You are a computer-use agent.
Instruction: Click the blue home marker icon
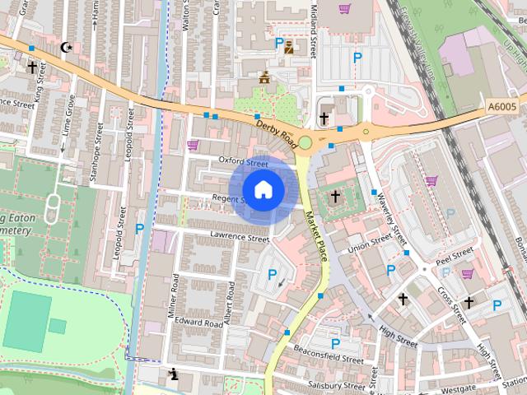(x=263, y=189)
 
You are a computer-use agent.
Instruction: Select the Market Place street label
(x=316, y=236)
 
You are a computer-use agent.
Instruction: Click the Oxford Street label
(x=244, y=160)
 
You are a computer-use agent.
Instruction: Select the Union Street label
(x=370, y=243)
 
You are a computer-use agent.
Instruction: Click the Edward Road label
(x=198, y=324)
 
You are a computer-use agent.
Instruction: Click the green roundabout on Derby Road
(x=305, y=143)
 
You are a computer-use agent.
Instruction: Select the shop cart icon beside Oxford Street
(x=193, y=145)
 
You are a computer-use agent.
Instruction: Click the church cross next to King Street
(x=32, y=67)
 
